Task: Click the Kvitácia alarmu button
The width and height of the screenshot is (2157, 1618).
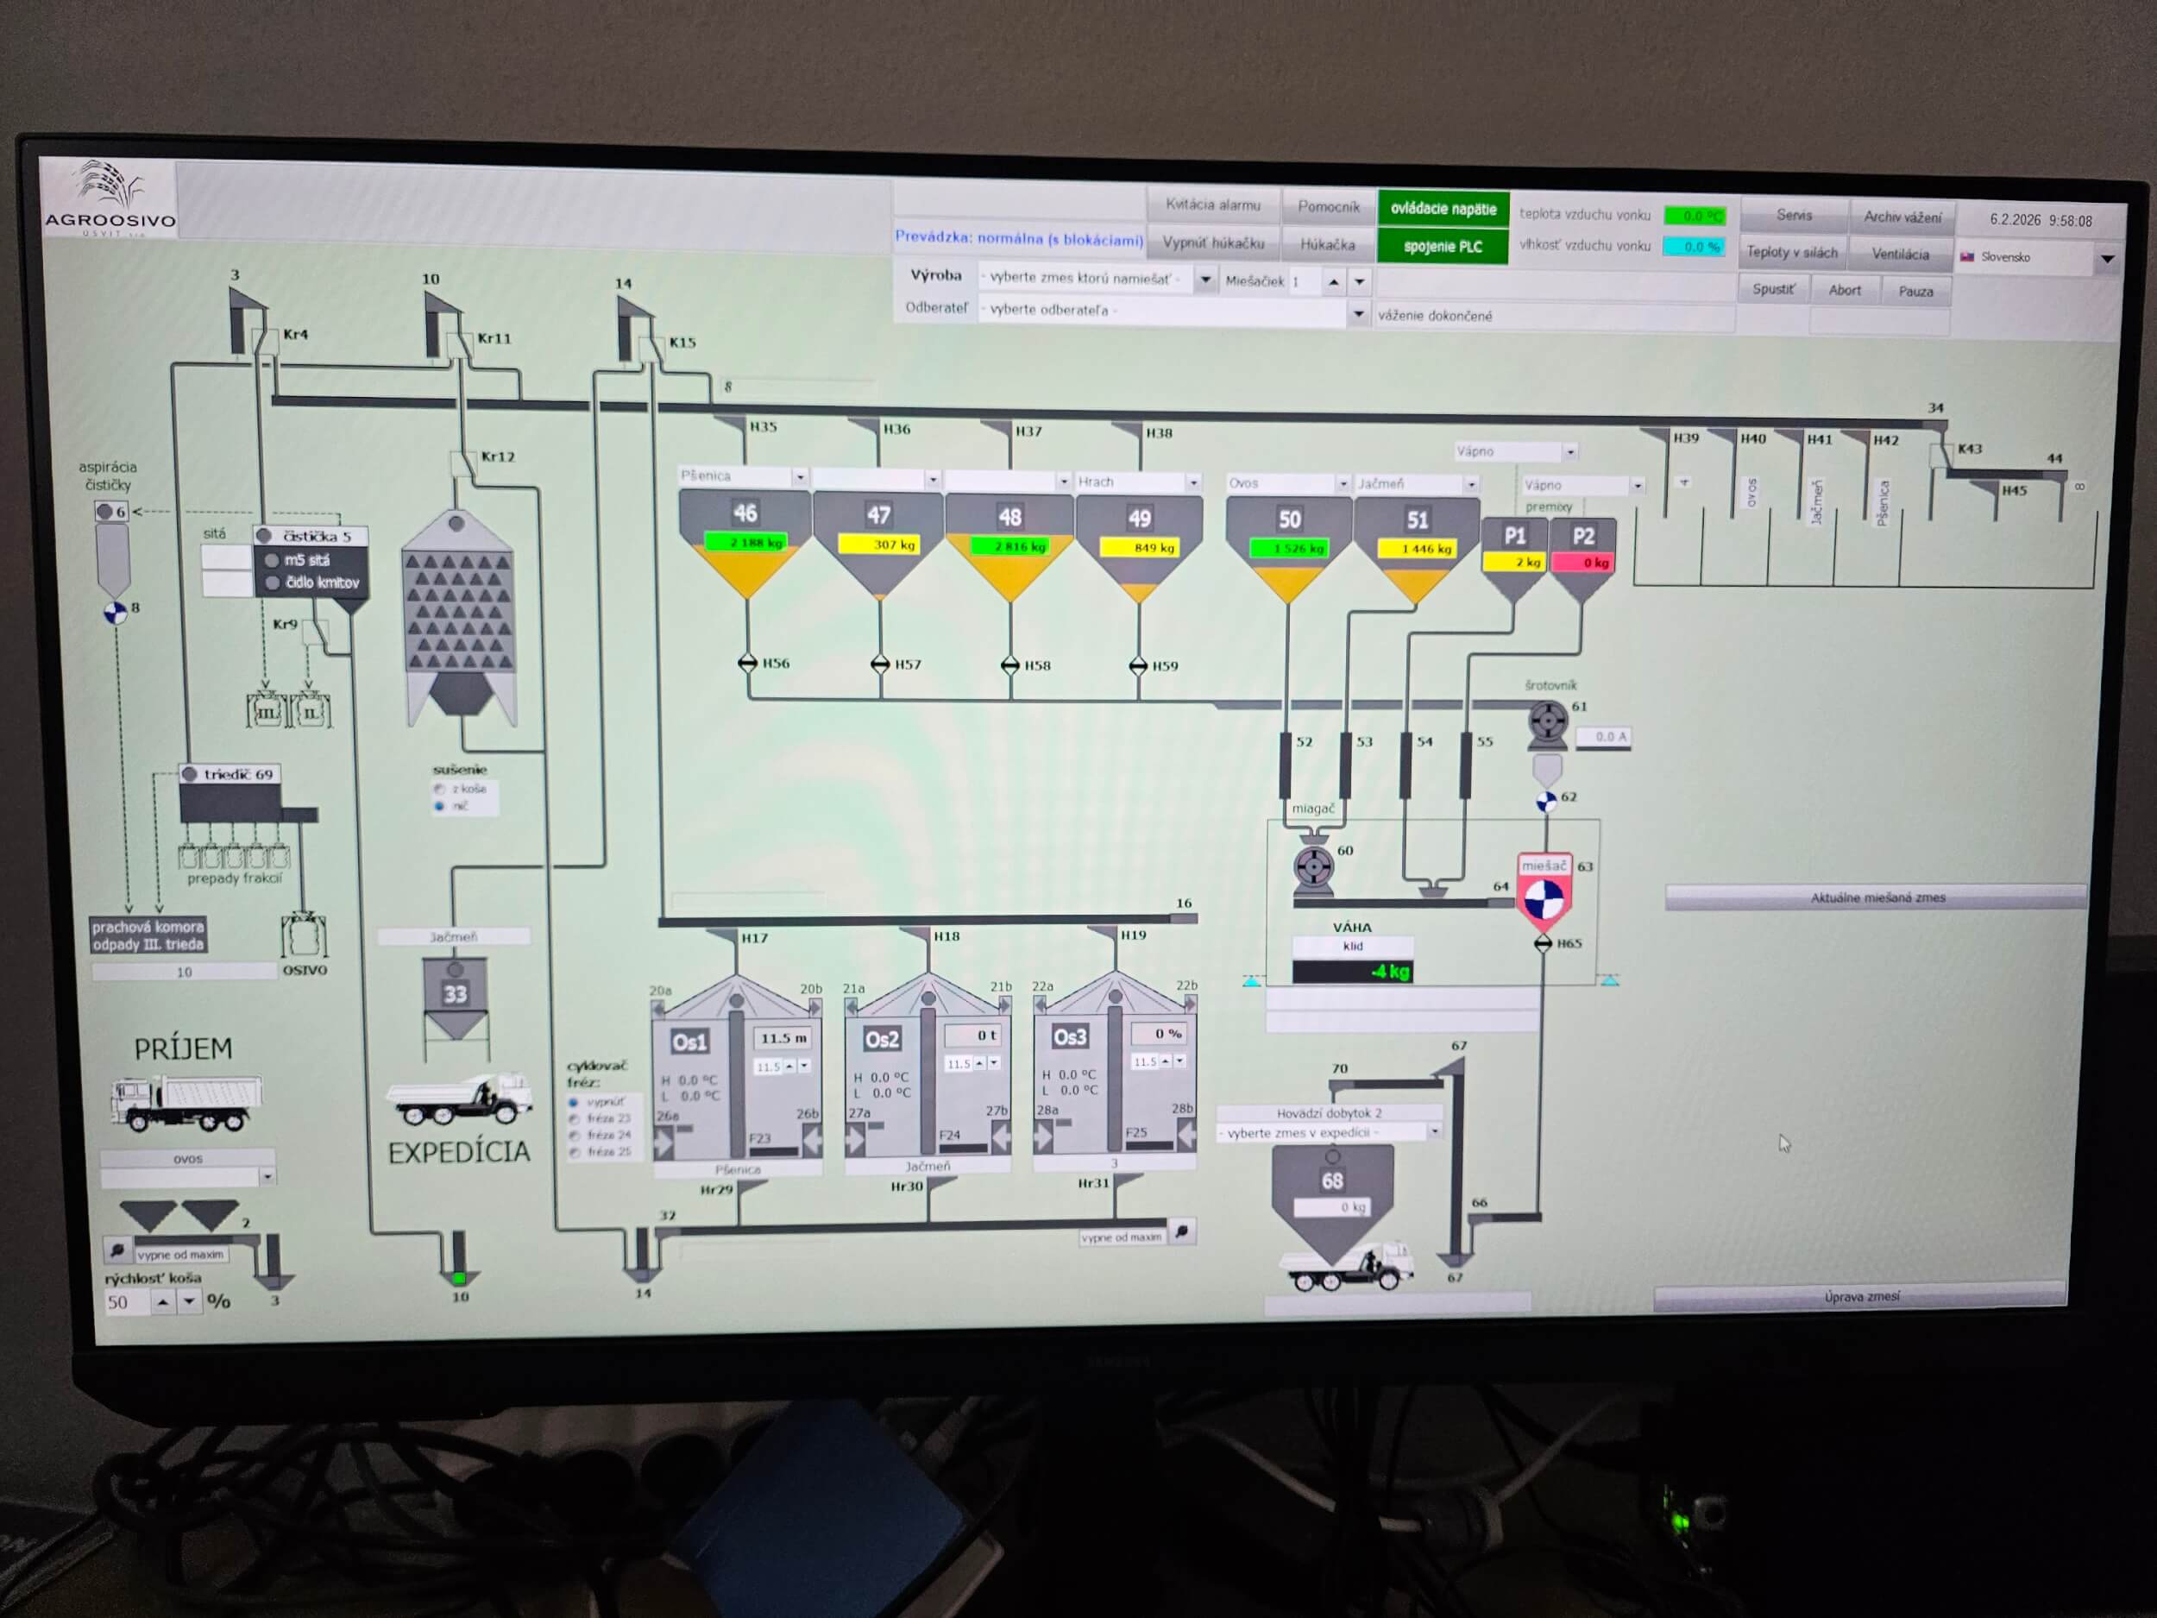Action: (1212, 205)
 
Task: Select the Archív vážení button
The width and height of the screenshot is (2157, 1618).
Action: (1902, 217)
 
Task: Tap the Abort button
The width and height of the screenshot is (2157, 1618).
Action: (1844, 290)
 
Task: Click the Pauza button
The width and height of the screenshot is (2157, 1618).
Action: (1915, 291)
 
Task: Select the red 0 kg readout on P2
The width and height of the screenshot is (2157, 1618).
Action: (1583, 563)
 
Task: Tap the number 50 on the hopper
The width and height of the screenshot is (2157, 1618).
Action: (1289, 519)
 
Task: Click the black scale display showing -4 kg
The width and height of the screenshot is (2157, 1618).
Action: (1351, 972)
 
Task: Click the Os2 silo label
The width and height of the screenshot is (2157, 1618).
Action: (882, 1040)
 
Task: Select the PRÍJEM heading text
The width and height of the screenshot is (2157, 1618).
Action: (183, 1049)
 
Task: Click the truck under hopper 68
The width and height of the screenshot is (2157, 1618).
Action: (1347, 1269)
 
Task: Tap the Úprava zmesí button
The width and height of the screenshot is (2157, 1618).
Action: (1860, 1296)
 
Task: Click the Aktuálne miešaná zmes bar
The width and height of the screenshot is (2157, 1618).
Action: (1877, 897)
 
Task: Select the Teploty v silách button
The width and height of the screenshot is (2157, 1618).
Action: (1791, 253)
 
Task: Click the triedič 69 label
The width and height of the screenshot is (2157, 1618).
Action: (237, 774)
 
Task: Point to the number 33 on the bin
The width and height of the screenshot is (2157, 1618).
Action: (456, 994)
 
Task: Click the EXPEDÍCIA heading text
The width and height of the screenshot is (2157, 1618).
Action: (459, 1153)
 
